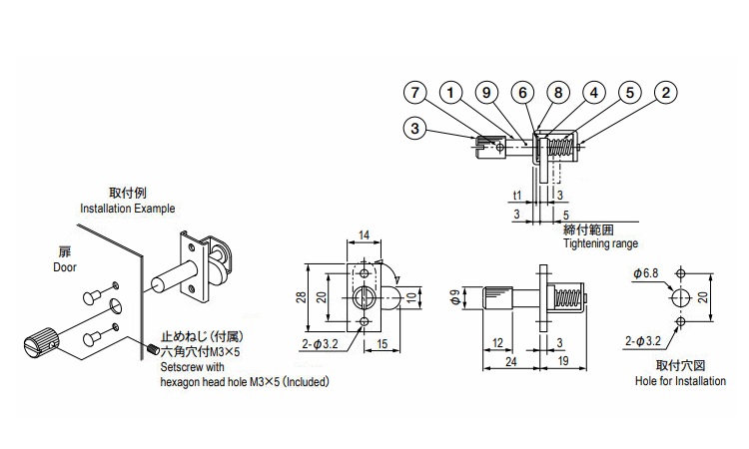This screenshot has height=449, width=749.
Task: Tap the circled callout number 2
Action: [663, 93]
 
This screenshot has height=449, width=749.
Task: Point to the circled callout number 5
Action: [628, 93]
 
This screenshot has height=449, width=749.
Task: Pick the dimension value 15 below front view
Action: [383, 344]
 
